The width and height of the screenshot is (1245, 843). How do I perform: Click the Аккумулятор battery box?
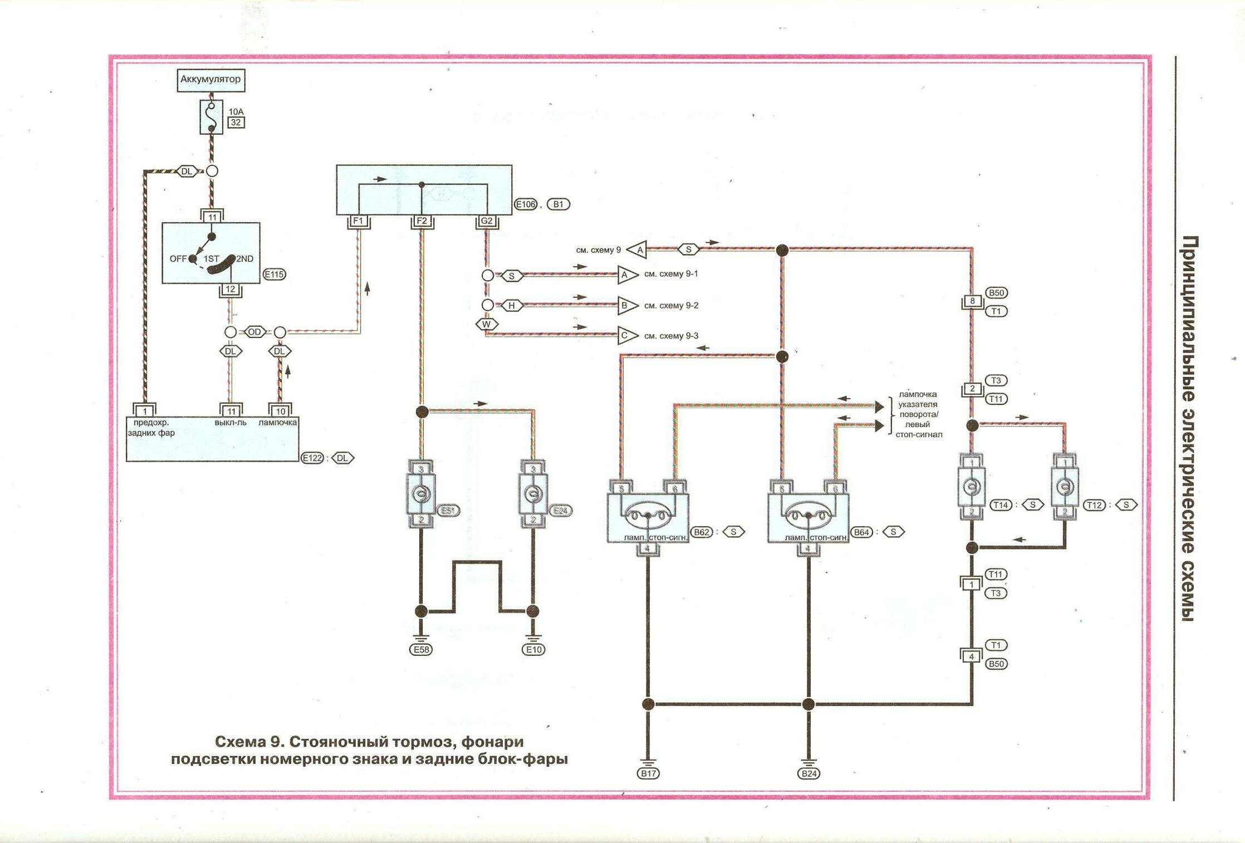tap(210, 80)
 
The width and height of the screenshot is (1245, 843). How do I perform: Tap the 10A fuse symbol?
tap(211, 117)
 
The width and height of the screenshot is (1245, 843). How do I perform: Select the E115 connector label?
tap(274, 275)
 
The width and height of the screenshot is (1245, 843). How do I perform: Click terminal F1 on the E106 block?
tap(358, 221)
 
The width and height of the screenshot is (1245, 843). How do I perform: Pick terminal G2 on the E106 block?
tap(487, 221)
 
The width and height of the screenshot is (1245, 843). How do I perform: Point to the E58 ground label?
tap(421, 649)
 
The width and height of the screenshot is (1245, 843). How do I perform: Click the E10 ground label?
tap(533, 649)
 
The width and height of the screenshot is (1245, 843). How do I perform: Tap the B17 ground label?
tap(648, 773)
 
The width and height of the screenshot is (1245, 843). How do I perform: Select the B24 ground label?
tap(808, 773)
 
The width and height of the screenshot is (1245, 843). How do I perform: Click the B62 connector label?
tap(702, 532)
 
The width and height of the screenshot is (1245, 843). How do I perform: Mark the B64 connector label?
tap(861, 532)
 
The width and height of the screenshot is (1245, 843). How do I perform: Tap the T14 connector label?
tap(1001, 505)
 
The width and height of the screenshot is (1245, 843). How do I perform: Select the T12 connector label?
tap(1094, 505)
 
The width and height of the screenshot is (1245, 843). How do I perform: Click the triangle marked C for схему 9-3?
tap(626, 336)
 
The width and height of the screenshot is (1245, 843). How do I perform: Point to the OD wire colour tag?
tap(254, 332)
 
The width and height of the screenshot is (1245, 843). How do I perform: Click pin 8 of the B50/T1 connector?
tap(972, 302)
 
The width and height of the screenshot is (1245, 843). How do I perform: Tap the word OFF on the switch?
tap(178, 259)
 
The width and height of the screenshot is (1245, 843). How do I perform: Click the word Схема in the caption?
tap(241, 742)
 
